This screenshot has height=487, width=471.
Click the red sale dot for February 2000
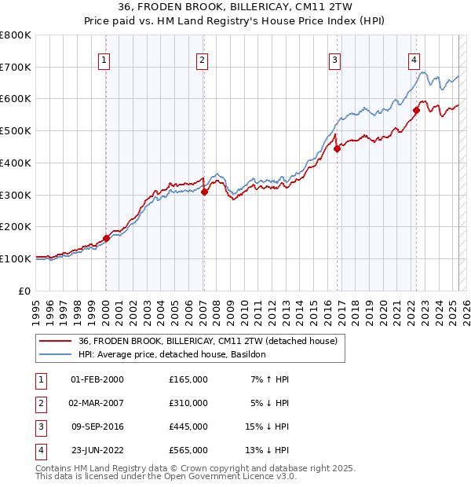[106, 238]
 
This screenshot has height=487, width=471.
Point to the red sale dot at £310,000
[204, 191]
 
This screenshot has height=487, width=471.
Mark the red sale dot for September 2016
[336, 148]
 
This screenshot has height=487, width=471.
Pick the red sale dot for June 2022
[416, 110]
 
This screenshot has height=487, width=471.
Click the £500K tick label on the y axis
[16, 130]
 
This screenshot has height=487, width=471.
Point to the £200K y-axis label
[16, 226]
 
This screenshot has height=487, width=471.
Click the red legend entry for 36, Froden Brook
[207, 341]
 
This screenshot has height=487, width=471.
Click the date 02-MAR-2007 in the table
[97, 403]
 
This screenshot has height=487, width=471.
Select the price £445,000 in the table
[188, 427]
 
